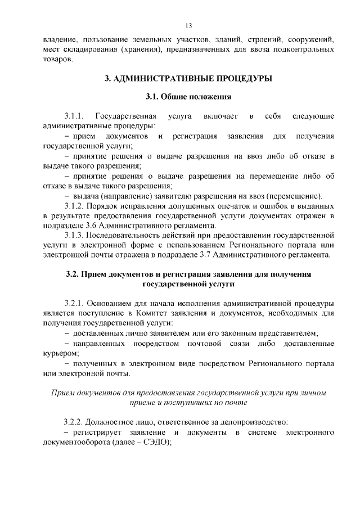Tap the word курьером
tap(60, 354)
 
